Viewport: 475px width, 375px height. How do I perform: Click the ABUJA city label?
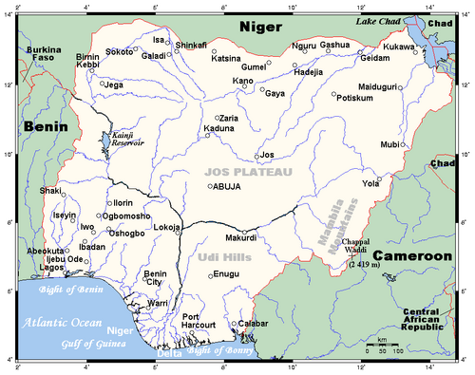[x=228, y=187]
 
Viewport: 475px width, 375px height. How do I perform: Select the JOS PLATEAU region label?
[x=248, y=171]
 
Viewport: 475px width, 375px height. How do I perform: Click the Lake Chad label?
[x=379, y=20]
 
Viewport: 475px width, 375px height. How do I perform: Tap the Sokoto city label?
[x=120, y=52]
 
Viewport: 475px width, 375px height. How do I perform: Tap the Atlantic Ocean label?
[x=62, y=321]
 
